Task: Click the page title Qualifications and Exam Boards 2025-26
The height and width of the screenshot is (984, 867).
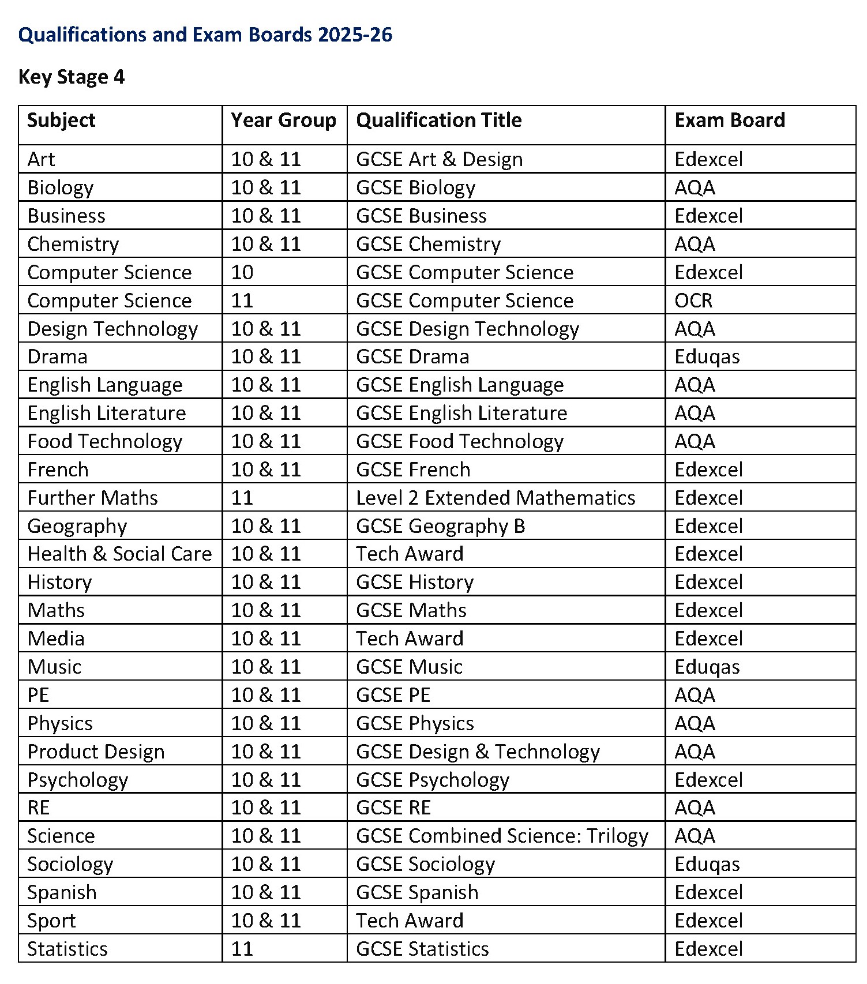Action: (x=205, y=35)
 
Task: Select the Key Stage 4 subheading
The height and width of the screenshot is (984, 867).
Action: (x=72, y=77)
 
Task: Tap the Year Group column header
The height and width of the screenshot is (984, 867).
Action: (x=283, y=120)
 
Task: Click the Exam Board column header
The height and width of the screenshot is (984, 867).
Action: (x=730, y=120)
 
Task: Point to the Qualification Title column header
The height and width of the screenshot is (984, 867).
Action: (x=438, y=120)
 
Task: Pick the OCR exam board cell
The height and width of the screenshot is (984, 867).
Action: (x=693, y=301)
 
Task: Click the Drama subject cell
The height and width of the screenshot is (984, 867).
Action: (x=58, y=356)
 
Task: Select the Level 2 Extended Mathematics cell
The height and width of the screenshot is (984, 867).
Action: (x=496, y=498)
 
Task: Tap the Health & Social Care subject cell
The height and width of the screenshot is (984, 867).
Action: (x=119, y=554)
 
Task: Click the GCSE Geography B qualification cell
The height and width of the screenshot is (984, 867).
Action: (x=441, y=526)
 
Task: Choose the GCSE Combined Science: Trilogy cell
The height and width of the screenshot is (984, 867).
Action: (x=502, y=836)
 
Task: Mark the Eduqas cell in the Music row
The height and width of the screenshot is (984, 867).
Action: (x=707, y=667)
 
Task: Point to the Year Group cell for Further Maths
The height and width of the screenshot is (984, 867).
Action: (x=242, y=498)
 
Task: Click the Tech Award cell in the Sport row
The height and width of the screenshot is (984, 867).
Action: (x=410, y=921)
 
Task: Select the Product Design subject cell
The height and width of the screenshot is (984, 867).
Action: (x=96, y=752)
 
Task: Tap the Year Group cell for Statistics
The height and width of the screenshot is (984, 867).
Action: (x=242, y=949)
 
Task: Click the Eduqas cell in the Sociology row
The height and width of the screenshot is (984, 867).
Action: (x=707, y=864)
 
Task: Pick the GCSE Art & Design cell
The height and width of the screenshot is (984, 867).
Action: (x=439, y=159)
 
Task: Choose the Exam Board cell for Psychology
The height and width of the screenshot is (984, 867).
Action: (x=708, y=780)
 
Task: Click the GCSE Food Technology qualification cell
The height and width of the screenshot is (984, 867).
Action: (x=460, y=441)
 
